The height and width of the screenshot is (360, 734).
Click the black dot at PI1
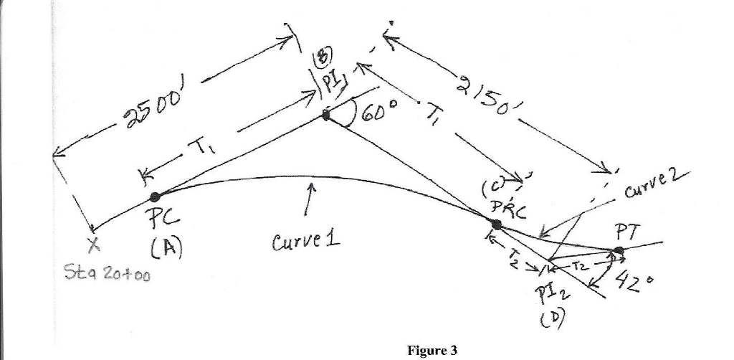(x=327, y=115)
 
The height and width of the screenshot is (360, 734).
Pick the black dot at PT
(x=619, y=250)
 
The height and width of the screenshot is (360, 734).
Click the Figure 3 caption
(x=432, y=350)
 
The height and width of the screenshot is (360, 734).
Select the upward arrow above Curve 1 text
(x=310, y=199)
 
